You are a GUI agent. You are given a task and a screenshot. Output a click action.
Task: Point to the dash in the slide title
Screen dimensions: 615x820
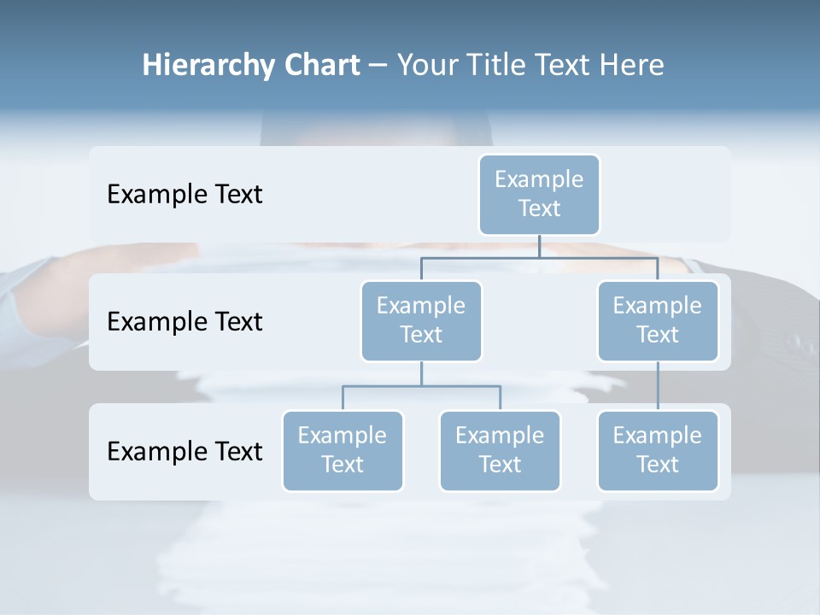(378, 66)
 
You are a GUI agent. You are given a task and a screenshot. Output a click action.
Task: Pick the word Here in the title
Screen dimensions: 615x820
(631, 66)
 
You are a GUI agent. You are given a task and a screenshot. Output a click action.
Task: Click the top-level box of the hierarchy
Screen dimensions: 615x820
(539, 194)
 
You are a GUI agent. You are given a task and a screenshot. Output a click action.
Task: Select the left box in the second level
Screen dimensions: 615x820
(421, 320)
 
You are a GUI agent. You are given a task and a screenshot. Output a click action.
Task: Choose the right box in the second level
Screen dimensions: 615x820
(658, 320)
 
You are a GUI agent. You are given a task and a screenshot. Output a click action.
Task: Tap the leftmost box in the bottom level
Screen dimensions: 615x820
(343, 450)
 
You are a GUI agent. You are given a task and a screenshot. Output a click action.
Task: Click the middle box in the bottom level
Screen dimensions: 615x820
(500, 450)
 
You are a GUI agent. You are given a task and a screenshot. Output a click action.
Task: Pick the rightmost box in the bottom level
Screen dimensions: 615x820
(658, 450)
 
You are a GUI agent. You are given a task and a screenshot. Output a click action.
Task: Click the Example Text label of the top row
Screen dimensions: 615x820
(184, 195)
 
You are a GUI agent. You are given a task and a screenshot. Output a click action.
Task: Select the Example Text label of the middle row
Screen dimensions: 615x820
(184, 322)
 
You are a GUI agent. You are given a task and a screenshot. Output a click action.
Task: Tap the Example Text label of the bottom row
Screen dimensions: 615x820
(184, 451)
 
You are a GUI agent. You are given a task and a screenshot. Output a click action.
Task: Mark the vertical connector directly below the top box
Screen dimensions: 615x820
(539, 246)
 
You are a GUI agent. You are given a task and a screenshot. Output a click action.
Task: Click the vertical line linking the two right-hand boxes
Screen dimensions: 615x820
(658, 386)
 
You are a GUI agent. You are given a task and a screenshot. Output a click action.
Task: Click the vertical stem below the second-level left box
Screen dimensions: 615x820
(421, 373)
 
